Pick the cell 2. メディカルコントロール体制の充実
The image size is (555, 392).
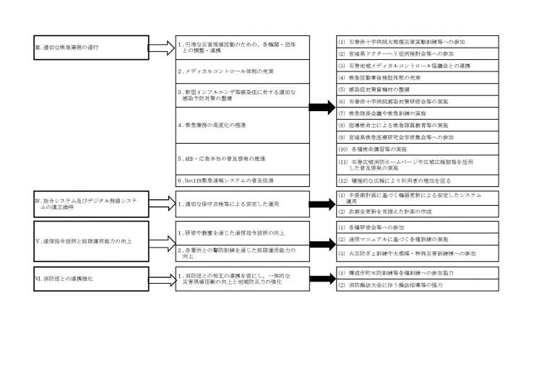click(243, 72)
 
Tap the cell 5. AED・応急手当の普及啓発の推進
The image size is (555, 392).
click(243, 158)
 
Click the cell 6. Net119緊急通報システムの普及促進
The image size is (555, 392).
click(243, 179)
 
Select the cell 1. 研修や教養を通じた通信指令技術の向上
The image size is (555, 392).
click(243, 233)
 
